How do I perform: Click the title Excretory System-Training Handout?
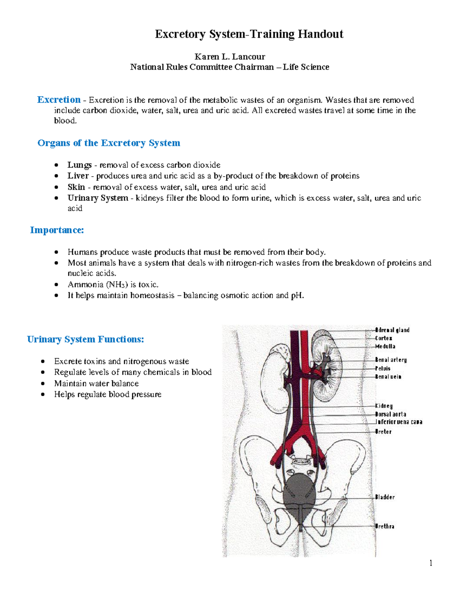pyautogui.click(x=249, y=34)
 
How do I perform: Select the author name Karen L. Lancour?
pyautogui.click(x=230, y=57)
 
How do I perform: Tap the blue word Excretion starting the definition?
pyautogui.click(x=59, y=100)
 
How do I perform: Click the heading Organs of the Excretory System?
pyautogui.click(x=109, y=143)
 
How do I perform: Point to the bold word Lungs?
pyautogui.click(x=79, y=165)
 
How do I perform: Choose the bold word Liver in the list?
pyautogui.click(x=78, y=176)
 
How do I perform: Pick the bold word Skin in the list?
pyautogui.click(x=76, y=187)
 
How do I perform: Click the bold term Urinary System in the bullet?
pyautogui.click(x=98, y=198)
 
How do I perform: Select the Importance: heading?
pyautogui.click(x=57, y=230)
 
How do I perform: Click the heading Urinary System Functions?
pyautogui.click(x=85, y=339)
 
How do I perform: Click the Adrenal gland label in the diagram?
pyautogui.click(x=393, y=330)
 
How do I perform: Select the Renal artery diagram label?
pyautogui.click(x=391, y=360)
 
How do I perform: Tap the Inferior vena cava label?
pyautogui.click(x=399, y=422)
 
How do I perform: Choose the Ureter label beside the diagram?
pyautogui.click(x=383, y=432)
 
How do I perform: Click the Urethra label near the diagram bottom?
pyautogui.click(x=385, y=526)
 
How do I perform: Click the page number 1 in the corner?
pyautogui.click(x=431, y=563)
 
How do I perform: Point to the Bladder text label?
pyautogui.click(x=385, y=497)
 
